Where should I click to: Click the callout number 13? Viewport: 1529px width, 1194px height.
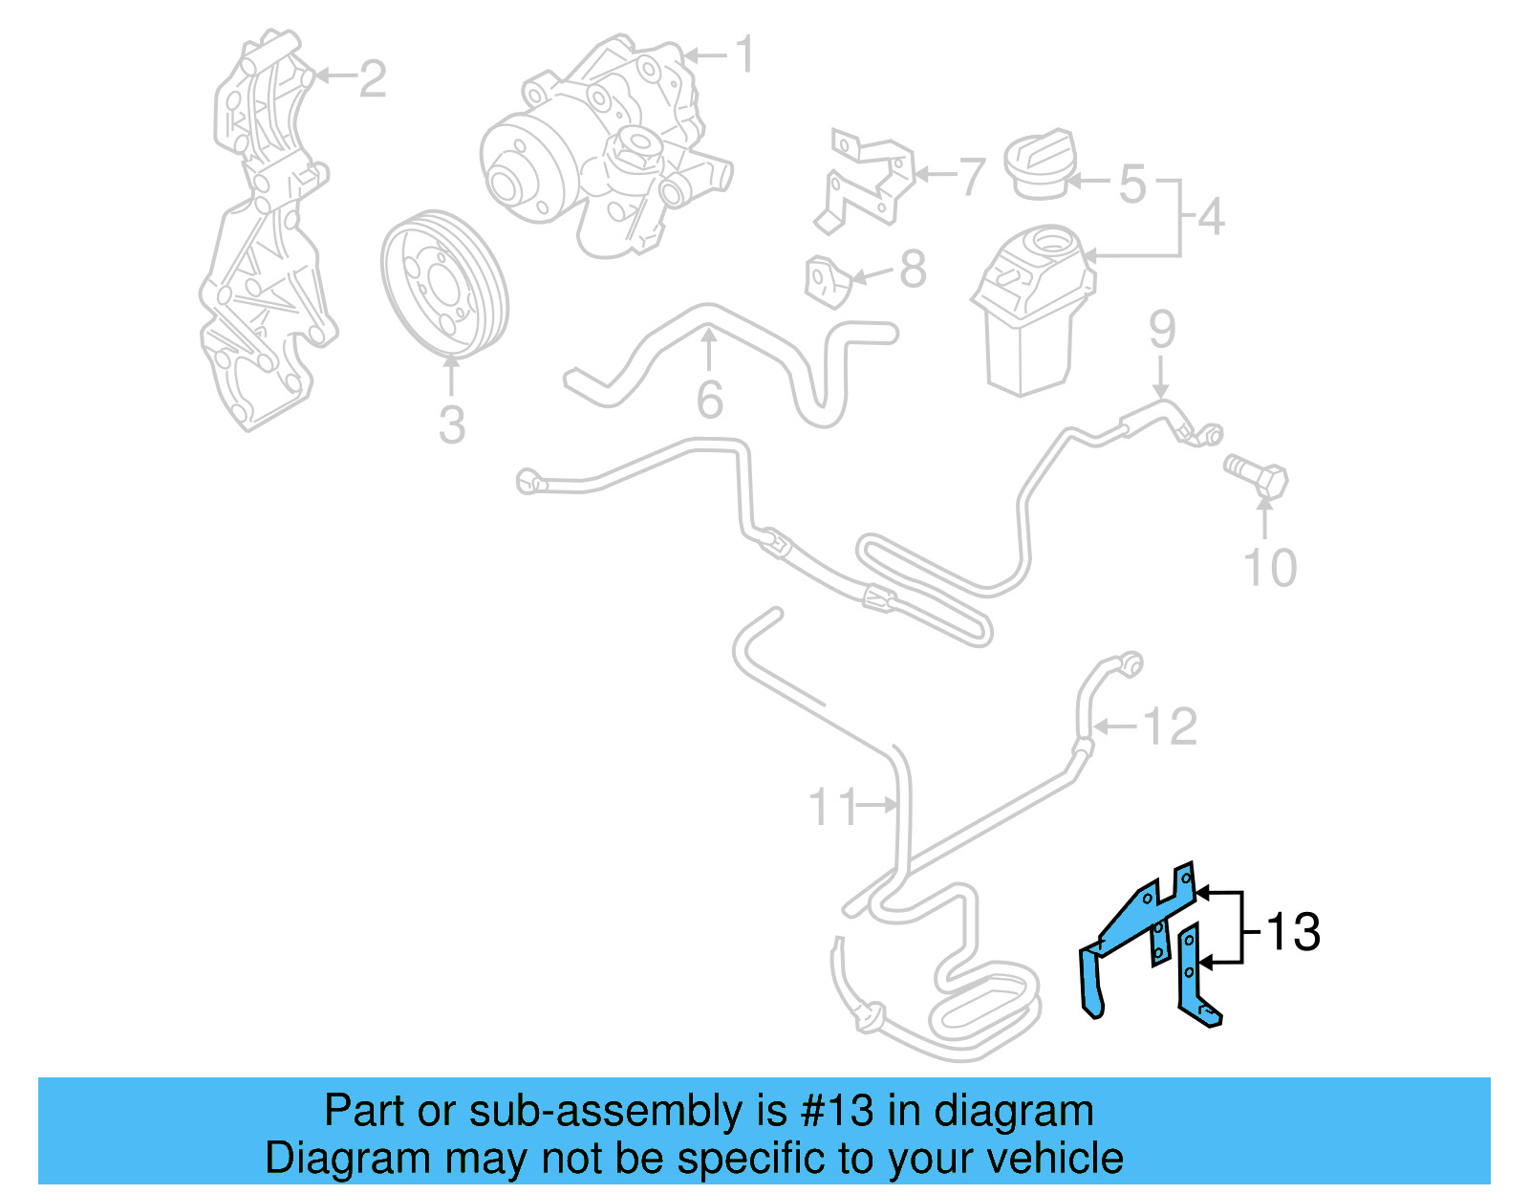point(1293,932)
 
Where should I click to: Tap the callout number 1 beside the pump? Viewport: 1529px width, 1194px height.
point(745,54)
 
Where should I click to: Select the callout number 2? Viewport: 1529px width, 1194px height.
point(372,78)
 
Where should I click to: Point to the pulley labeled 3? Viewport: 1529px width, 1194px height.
point(444,285)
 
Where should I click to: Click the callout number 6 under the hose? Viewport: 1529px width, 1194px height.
point(709,400)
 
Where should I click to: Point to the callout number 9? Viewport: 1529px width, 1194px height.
point(1161,329)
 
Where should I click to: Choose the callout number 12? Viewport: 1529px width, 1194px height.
point(1170,727)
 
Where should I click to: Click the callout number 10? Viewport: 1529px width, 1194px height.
point(1269,568)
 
